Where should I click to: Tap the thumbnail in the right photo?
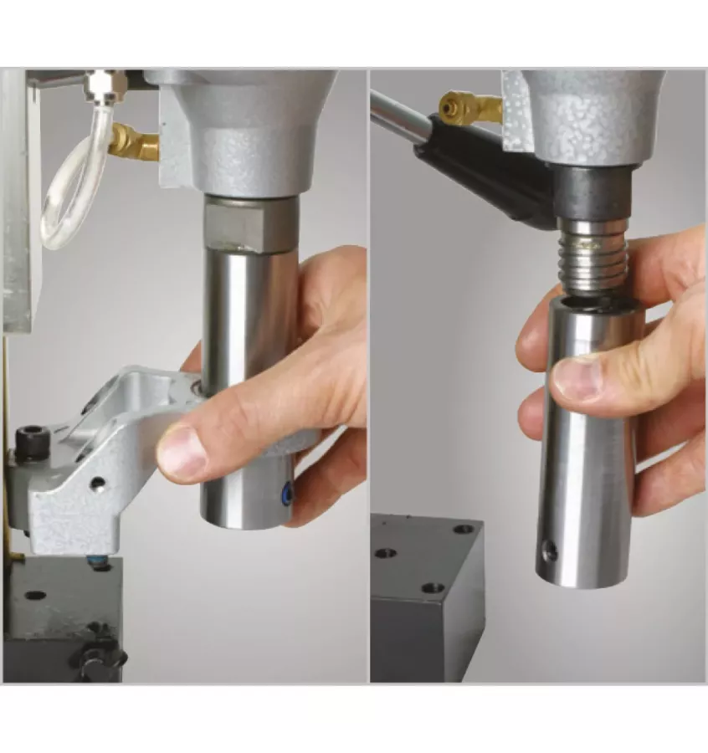pyautogui.click(x=578, y=376)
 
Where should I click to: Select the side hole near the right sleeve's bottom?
pyautogui.click(x=550, y=550)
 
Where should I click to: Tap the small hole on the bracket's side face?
pyautogui.click(x=99, y=484)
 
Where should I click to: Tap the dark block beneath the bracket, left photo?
pyautogui.click(x=59, y=611)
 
